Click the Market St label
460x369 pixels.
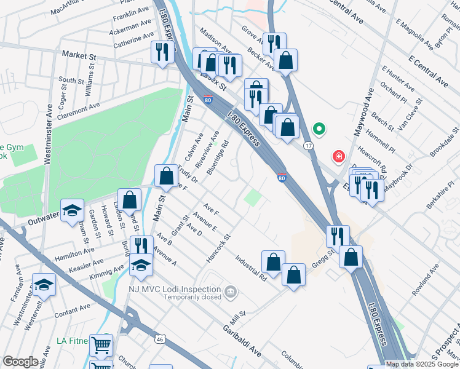[79, 55]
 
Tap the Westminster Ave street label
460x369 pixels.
[47, 130]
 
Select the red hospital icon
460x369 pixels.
[338, 157]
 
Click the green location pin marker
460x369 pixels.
[319, 129]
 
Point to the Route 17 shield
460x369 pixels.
[308, 145]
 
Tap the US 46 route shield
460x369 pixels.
[159, 338]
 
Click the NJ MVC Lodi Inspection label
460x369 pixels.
[175, 289]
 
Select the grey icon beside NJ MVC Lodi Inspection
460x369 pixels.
[230, 290]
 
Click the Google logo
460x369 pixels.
[20, 362]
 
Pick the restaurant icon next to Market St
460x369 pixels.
[162, 51]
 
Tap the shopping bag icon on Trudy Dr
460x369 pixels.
[166, 175]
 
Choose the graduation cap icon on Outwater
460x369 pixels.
[72, 208]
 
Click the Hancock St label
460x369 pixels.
[218, 248]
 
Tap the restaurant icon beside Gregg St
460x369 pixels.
[337, 235]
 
